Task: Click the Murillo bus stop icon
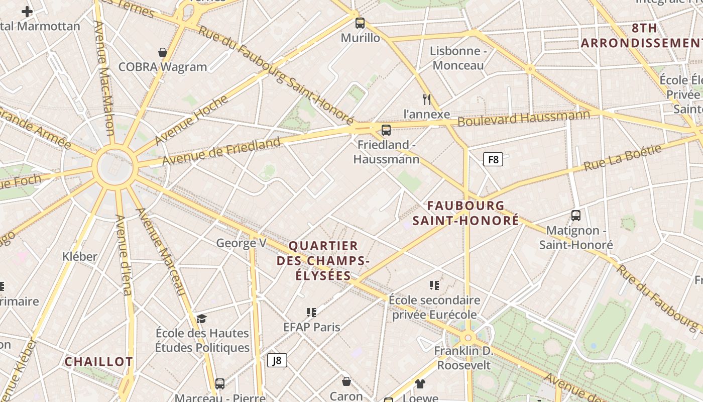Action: pos(360,23)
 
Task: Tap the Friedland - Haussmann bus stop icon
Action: pos(386,130)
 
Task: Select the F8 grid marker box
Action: pos(493,160)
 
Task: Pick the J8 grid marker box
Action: pos(277,360)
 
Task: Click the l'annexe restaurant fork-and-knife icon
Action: pos(427,99)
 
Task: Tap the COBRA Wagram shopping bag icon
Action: pos(163,52)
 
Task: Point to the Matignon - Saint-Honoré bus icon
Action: pos(576,216)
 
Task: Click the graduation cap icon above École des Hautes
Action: pos(201,319)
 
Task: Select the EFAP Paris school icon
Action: pos(311,313)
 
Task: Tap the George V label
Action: pos(241,243)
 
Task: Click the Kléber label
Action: pos(80,256)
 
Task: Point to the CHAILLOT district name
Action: pos(99,362)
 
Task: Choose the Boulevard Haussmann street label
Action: pos(523,119)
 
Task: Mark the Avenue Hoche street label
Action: pos(191,120)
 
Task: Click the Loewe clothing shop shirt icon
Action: pos(420,384)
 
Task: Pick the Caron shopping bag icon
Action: pos(346,381)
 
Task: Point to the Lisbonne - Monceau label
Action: pos(458,58)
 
